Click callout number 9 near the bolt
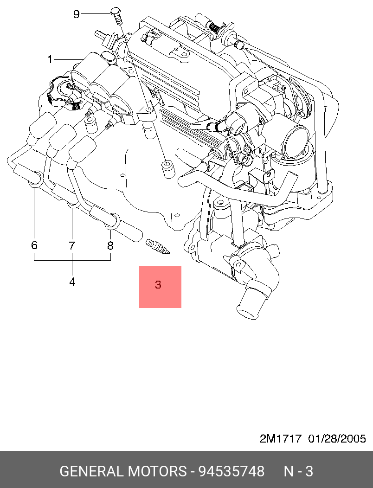(x=77, y=14)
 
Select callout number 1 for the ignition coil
(x=50, y=59)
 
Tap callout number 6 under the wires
(x=34, y=245)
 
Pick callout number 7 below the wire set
(x=72, y=245)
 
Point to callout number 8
(x=110, y=245)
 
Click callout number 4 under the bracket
(x=72, y=281)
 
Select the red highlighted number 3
(x=158, y=285)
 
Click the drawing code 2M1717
(x=281, y=438)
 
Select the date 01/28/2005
(x=337, y=438)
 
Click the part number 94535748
(x=232, y=472)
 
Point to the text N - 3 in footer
(x=298, y=472)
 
